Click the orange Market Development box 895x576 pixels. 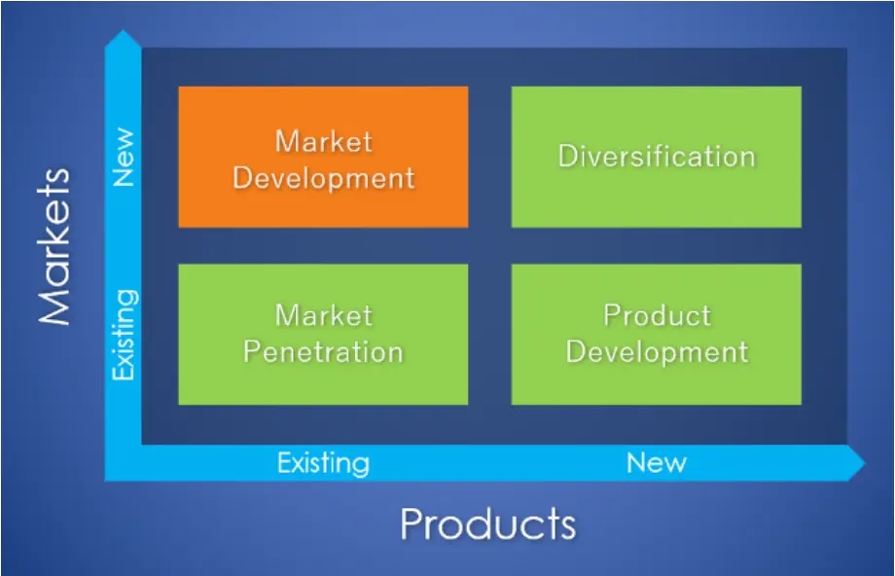(x=323, y=157)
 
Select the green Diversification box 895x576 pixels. (x=657, y=157)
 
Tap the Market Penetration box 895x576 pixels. (x=323, y=334)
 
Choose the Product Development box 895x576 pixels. (x=657, y=334)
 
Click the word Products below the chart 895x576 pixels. (x=488, y=523)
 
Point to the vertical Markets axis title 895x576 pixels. (x=54, y=246)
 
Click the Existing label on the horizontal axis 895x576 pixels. (x=323, y=463)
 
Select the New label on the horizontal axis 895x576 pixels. (x=657, y=462)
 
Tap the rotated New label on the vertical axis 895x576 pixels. (x=124, y=157)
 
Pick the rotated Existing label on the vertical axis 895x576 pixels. (x=125, y=335)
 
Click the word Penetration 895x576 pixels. (x=324, y=352)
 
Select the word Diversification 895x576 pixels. (x=657, y=156)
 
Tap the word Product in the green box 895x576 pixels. (x=658, y=315)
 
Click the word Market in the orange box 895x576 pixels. (x=324, y=141)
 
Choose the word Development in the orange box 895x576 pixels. (x=324, y=178)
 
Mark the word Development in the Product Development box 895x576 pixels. (x=657, y=352)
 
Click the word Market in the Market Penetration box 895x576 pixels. (x=324, y=315)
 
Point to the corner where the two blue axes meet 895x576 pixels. (x=123, y=463)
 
